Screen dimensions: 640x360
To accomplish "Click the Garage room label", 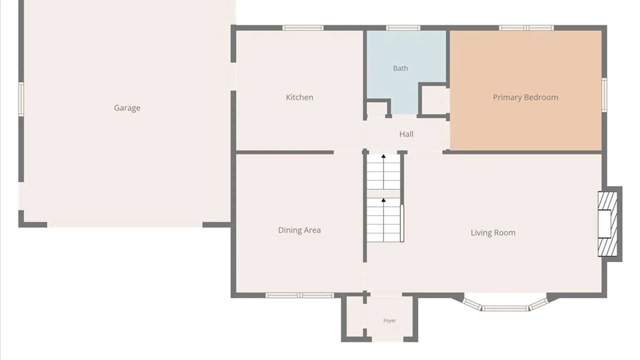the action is (127, 108).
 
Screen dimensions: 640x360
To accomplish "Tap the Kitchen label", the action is (299, 97).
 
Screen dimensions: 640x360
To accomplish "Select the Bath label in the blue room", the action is (400, 68).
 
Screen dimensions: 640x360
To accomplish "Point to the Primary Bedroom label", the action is (525, 97).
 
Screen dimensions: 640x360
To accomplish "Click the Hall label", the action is (406, 134).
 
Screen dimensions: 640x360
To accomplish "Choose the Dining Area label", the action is (299, 230).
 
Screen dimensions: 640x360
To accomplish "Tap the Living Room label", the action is (493, 233).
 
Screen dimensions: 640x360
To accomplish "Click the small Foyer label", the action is (389, 321).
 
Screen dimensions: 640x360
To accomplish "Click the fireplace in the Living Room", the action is (607, 224).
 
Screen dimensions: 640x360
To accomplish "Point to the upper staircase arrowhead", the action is (383, 156).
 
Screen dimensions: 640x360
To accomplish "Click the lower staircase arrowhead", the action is (383, 200).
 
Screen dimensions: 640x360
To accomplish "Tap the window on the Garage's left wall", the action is (21, 99).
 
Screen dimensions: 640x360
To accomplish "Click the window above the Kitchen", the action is (303, 28).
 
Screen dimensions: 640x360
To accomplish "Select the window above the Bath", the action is (403, 28).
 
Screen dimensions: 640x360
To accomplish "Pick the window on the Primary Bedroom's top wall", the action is (526, 28).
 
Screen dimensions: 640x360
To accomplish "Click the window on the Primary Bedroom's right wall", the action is (604, 95).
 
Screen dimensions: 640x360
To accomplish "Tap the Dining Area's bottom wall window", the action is (300, 295).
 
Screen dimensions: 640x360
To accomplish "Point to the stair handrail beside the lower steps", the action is (402, 223).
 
